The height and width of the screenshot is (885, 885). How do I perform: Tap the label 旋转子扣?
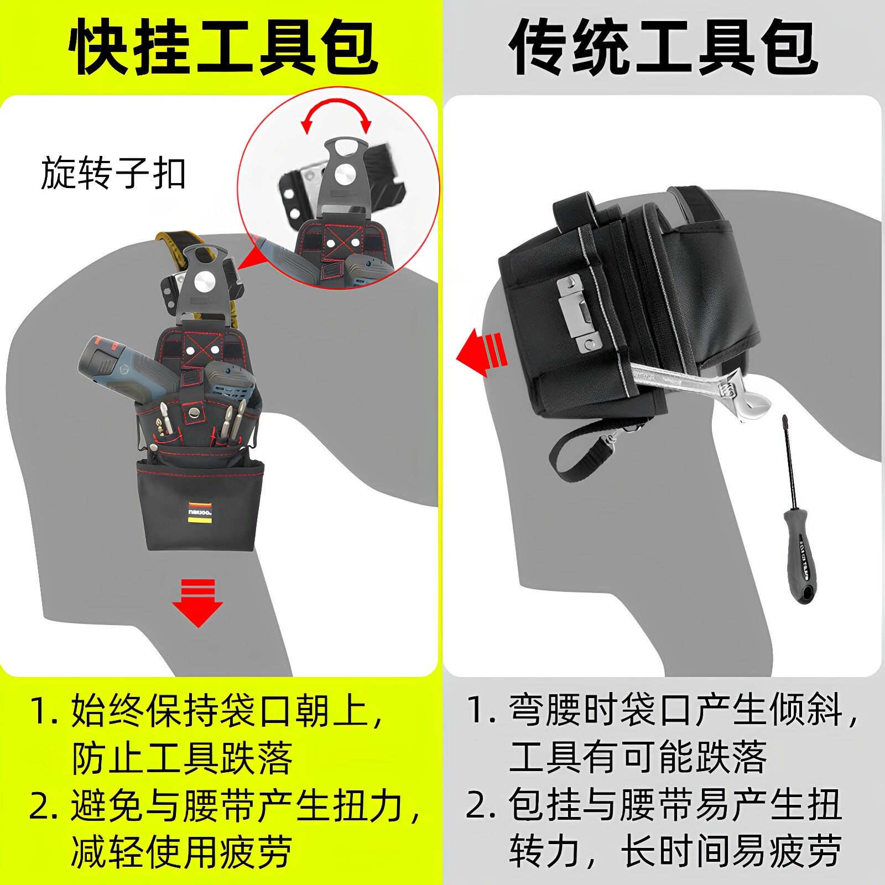click(x=113, y=173)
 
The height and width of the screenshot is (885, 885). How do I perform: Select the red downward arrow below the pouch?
click(x=197, y=603)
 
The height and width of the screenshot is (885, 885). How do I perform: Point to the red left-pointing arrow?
click(x=481, y=352)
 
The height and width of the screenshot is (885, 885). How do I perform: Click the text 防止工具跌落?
click(x=182, y=758)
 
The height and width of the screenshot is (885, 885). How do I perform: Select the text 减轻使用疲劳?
click(x=182, y=852)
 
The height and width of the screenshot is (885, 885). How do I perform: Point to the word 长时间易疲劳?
click(x=731, y=852)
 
